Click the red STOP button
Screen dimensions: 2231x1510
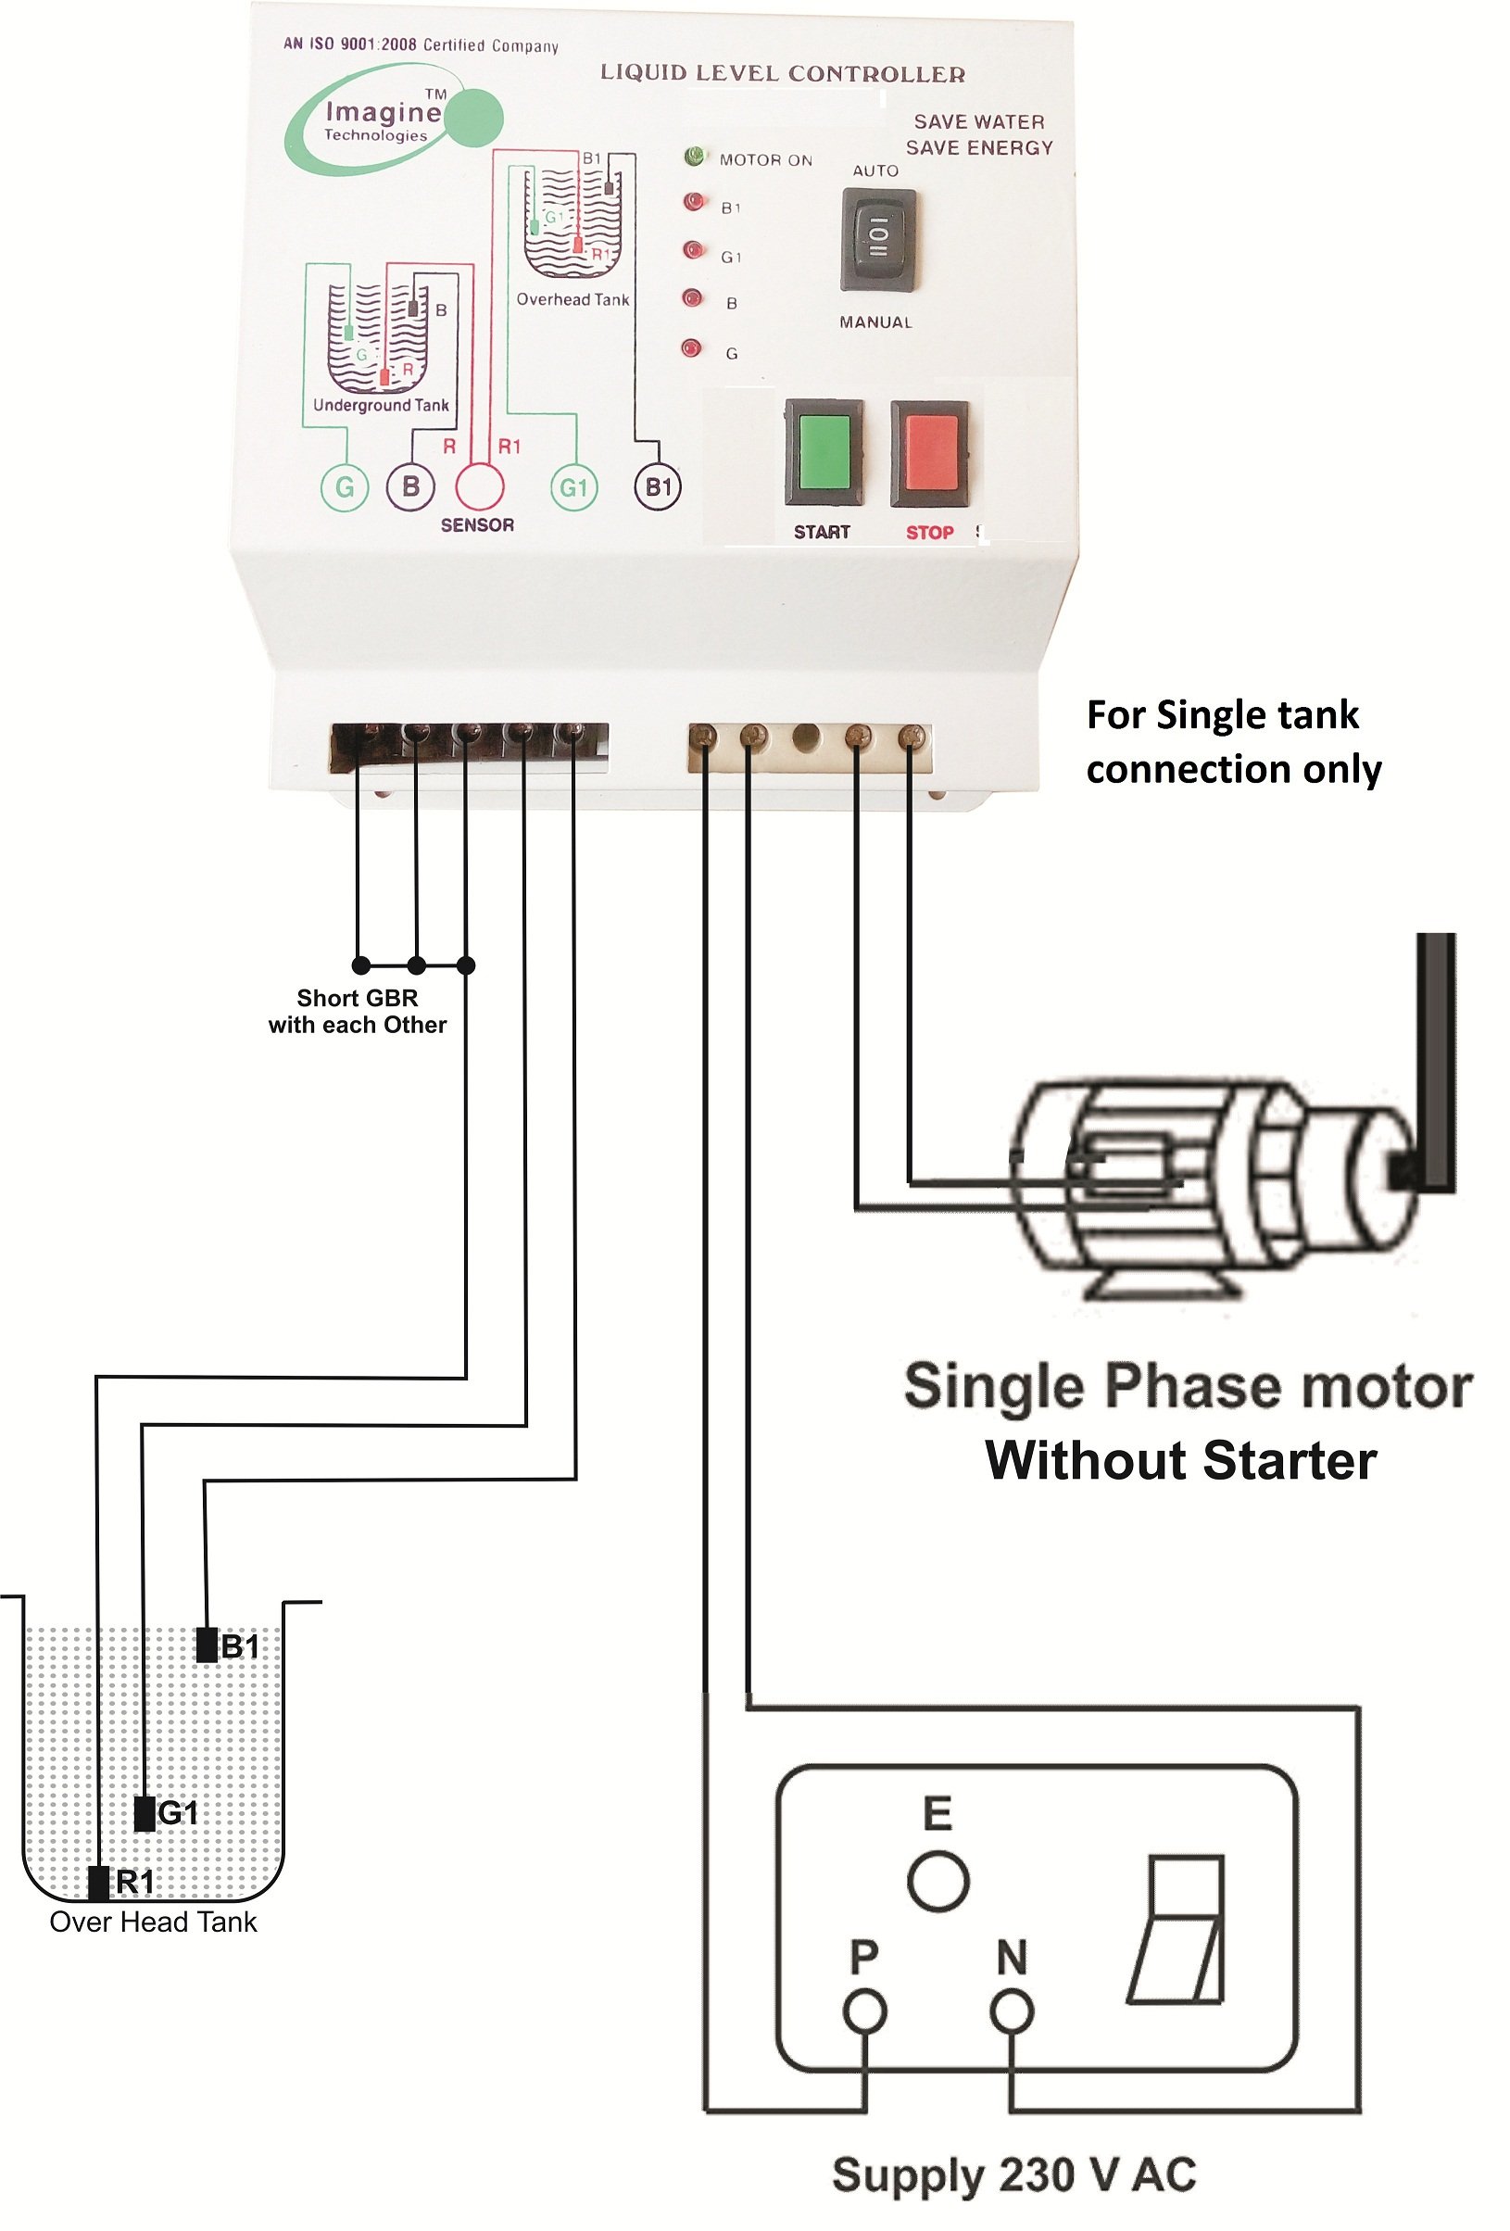click(927, 452)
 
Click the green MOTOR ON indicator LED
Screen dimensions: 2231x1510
click(694, 157)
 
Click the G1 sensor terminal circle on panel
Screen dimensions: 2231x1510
click(573, 486)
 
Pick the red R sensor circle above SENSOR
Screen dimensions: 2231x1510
click(478, 485)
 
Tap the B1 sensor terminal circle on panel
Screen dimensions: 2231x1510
click(658, 486)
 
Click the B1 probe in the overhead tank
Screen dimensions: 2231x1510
click(206, 1645)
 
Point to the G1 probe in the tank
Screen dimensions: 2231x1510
click(144, 1812)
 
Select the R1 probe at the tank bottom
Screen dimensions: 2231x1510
click(98, 1882)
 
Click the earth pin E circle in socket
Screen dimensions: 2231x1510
click(937, 1880)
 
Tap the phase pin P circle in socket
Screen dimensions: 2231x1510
click(864, 2010)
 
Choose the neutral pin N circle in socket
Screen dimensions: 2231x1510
click(1011, 2010)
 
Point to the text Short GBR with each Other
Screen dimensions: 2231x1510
click(357, 1011)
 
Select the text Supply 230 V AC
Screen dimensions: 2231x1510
click(1013, 2174)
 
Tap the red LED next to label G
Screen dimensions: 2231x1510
click(690, 347)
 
